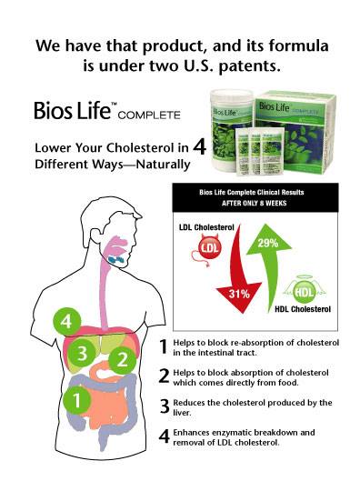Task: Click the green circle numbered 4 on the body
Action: [x=64, y=322]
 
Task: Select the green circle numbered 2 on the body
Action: [x=120, y=360]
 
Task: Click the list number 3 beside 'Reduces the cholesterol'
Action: [x=164, y=406]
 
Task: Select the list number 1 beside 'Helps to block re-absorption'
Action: [x=164, y=346]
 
